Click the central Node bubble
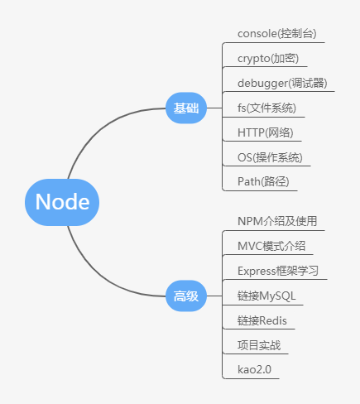tap(62, 202)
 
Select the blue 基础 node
tap(186, 108)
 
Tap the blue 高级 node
tap(186, 296)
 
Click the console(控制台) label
tap(276, 34)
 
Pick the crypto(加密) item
tap(268, 59)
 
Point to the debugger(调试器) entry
tap(282, 83)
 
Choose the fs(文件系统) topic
tap(266, 108)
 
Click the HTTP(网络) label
tap(266, 132)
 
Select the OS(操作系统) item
tap(270, 157)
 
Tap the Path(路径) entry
tap(263, 182)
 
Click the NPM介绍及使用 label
tap(277, 221)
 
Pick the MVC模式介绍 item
tap(271, 246)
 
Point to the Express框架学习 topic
tap(278, 271)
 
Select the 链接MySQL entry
tap(266, 296)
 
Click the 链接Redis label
tap(262, 320)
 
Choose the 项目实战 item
tap(259, 345)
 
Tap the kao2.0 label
tap(254, 370)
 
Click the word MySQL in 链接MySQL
tap(277, 296)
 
